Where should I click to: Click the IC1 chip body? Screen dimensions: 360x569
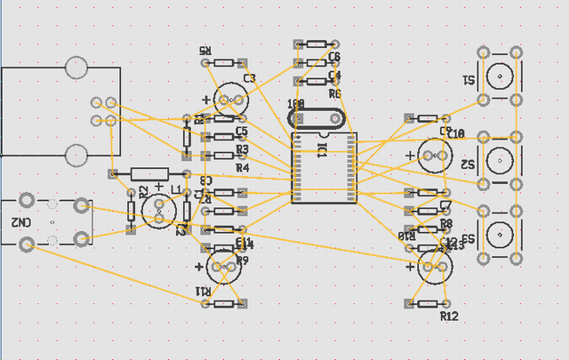pos(324,167)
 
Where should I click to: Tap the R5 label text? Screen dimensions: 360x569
pos(205,52)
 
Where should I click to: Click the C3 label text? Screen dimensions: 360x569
pos(249,79)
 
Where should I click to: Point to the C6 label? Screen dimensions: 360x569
pos(334,57)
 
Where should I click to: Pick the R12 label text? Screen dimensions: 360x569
pos(449,316)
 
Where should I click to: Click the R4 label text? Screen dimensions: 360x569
pos(243,167)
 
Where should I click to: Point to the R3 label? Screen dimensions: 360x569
pos(243,149)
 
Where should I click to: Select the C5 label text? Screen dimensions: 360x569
pos(241,132)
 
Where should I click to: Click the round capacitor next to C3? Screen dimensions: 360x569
pos(230,98)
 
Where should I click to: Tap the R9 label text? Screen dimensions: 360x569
pos(243,260)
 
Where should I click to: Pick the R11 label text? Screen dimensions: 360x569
pos(204,292)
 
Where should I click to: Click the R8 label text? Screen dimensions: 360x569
pos(446,223)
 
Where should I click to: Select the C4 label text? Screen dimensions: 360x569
pos(334,76)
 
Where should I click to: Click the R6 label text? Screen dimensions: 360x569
pos(334,93)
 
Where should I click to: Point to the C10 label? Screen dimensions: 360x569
pos(456,134)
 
